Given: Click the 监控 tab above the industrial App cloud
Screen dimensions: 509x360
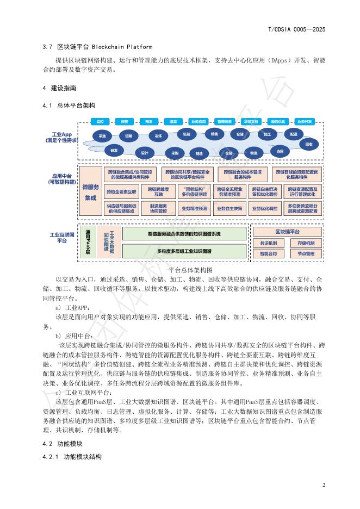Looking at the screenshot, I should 101,121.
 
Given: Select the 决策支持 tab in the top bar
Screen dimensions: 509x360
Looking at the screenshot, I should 251,121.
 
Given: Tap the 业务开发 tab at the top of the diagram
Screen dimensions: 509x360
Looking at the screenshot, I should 304,121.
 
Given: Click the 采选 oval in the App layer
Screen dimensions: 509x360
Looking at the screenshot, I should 102,135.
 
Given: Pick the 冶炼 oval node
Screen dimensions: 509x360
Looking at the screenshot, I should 158,135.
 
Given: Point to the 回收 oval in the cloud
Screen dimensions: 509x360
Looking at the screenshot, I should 309,144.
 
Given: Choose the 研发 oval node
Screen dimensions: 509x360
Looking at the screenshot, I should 114,150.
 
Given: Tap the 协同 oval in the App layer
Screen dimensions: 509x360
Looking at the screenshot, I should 280,151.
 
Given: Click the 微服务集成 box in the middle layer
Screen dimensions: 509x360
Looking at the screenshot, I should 90,192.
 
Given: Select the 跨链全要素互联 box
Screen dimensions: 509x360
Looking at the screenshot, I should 121,191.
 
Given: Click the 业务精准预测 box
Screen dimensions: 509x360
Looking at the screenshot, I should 194,208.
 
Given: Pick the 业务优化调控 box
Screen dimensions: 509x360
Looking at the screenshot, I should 264,208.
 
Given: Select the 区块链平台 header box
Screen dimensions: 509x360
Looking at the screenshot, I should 287,232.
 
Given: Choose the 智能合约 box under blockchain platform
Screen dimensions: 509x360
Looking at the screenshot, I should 268,253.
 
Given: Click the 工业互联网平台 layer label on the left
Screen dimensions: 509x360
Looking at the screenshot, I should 58,237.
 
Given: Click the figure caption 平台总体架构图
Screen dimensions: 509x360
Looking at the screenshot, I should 190,269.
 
